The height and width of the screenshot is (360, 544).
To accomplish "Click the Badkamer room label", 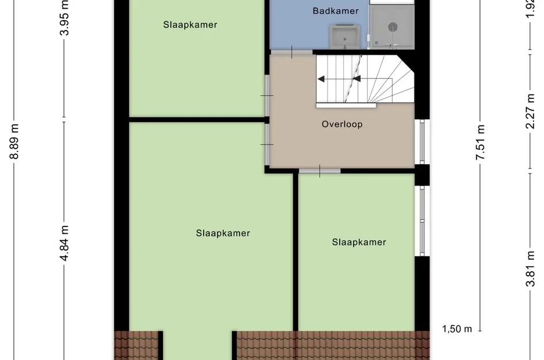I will click(x=336, y=11).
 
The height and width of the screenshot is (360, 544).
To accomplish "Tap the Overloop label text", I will click(x=342, y=124).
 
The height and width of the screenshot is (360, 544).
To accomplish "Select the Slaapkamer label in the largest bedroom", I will click(x=223, y=233).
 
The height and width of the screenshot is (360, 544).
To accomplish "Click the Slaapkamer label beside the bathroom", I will click(x=190, y=25).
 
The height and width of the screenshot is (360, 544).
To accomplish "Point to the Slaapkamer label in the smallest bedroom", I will click(x=359, y=242).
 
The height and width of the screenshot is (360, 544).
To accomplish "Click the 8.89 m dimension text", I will click(x=15, y=142).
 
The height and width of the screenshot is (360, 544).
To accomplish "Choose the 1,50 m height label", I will click(x=457, y=329).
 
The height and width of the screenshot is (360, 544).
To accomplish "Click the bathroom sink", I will click(x=345, y=37).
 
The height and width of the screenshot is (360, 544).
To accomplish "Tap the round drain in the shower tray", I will click(x=393, y=26).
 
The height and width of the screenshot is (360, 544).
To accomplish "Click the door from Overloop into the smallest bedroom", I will click(x=319, y=170).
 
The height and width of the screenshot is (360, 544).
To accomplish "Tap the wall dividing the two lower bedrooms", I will click(x=296, y=253).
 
